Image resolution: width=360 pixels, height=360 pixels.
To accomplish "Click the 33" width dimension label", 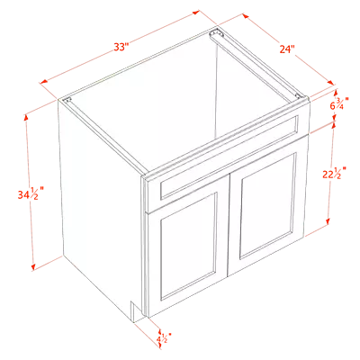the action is (121, 47).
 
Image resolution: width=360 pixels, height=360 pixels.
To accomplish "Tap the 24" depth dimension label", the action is (287, 49).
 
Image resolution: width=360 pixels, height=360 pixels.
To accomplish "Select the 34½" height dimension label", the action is (31, 194).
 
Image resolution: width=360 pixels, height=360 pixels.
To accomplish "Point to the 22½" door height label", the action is (334, 173).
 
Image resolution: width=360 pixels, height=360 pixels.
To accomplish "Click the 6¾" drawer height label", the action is (339, 103).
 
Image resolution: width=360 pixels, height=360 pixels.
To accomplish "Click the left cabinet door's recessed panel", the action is (189, 246).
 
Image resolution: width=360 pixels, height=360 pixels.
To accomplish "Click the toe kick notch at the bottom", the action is (134, 312).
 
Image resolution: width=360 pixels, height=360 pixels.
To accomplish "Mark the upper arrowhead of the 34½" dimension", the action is (26, 117).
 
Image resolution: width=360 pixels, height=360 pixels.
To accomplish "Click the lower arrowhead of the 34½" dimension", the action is (33, 266).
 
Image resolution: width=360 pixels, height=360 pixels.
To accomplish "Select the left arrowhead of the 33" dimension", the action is (44, 81).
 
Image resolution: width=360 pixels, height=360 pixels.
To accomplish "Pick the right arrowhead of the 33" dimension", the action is (195, 13).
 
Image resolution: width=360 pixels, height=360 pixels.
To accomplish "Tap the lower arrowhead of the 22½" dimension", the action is (328, 221).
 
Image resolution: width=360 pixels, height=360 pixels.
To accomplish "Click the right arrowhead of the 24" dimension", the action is (330, 83).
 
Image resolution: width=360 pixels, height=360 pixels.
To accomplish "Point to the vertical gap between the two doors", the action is (229, 224).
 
